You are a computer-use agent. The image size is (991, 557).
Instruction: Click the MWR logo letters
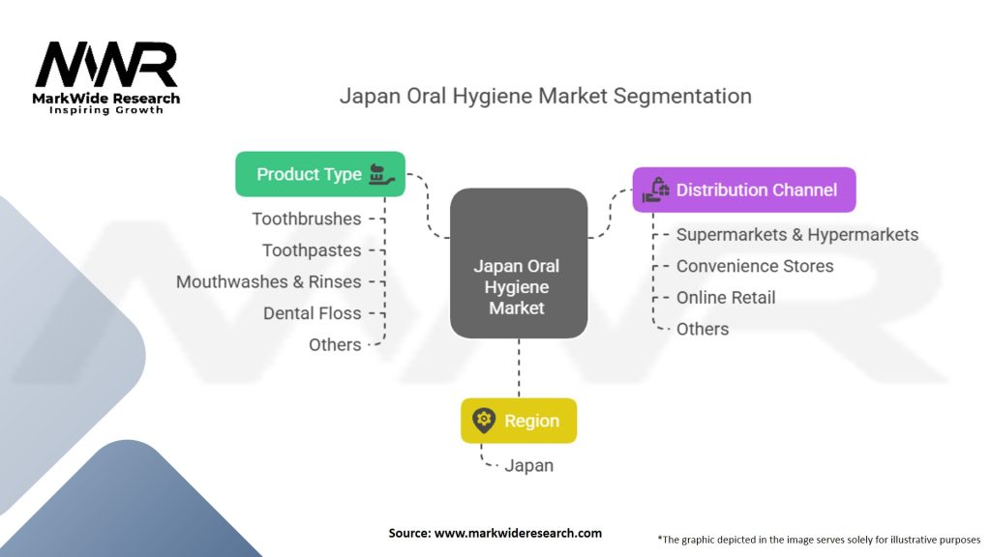pyautogui.click(x=106, y=64)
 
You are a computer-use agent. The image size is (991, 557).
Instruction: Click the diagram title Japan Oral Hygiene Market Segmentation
pyautogui.click(x=546, y=96)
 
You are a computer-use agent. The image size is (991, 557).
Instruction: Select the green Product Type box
pyautogui.click(x=319, y=174)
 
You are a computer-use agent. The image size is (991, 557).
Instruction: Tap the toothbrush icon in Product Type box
pyautogui.click(x=381, y=174)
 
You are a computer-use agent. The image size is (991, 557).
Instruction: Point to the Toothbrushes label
pyautogui.click(x=307, y=219)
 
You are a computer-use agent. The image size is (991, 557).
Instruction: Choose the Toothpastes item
pyautogui.click(x=312, y=250)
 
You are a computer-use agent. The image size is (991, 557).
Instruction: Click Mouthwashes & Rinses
pyautogui.click(x=269, y=281)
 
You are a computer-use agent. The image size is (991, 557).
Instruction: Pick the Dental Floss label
pyautogui.click(x=313, y=313)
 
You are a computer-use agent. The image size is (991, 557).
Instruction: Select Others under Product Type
pyautogui.click(x=335, y=345)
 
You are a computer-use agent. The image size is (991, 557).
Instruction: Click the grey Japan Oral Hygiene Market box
pyautogui.click(x=519, y=263)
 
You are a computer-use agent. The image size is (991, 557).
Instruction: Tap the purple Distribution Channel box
pyautogui.click(x=744, y=190)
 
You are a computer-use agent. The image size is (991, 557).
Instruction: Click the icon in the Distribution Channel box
pyautogui.click(x=656, y=190)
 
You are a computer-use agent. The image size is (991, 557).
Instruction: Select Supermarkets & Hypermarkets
pyautogui.click(x=797, y=234)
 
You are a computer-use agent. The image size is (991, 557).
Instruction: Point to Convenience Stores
pyautogui.click(x=755, y=266)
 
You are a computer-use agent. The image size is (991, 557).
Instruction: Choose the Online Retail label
pyautogui.click(x=726, y=298)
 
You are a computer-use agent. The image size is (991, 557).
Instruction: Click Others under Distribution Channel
pyautogui.click(x=703, y=329)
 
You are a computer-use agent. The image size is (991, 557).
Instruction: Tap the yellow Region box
pyautogui.click(x=519, y=421)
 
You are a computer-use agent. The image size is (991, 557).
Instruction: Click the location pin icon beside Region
pyautogui.click(x=484, y=421)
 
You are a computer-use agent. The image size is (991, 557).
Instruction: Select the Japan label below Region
pyautogui.click(x=529, y=465)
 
